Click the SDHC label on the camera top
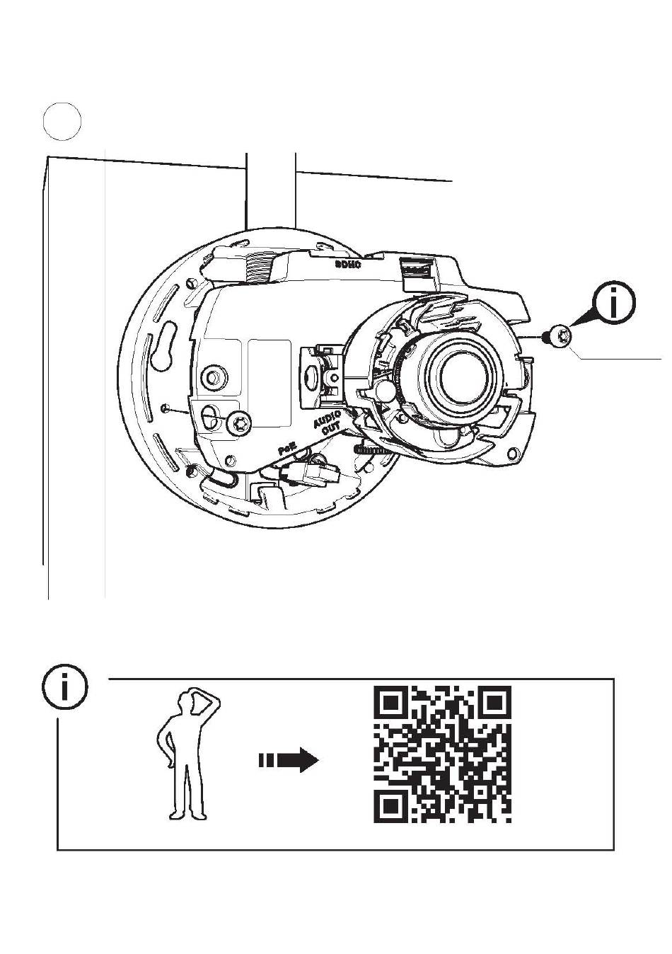tap(349, 265)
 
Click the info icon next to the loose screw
tap(613, 304)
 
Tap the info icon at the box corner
tap(65, 687)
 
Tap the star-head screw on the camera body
tap(239, 423)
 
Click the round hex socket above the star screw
tap(212, 376)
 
